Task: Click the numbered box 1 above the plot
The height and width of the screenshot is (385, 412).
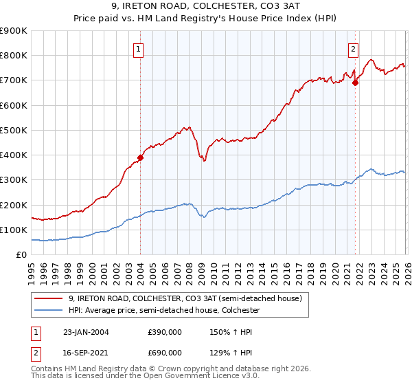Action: pos(139,49)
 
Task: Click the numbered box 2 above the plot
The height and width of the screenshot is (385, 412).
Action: pos(353,49)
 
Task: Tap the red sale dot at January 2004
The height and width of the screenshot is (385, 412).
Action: pos(140,157)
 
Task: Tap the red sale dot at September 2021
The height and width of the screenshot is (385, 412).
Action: pos(355,82)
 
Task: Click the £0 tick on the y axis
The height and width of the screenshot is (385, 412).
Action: pos(22,255)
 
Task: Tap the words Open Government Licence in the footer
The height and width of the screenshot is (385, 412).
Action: pos(207,377)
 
